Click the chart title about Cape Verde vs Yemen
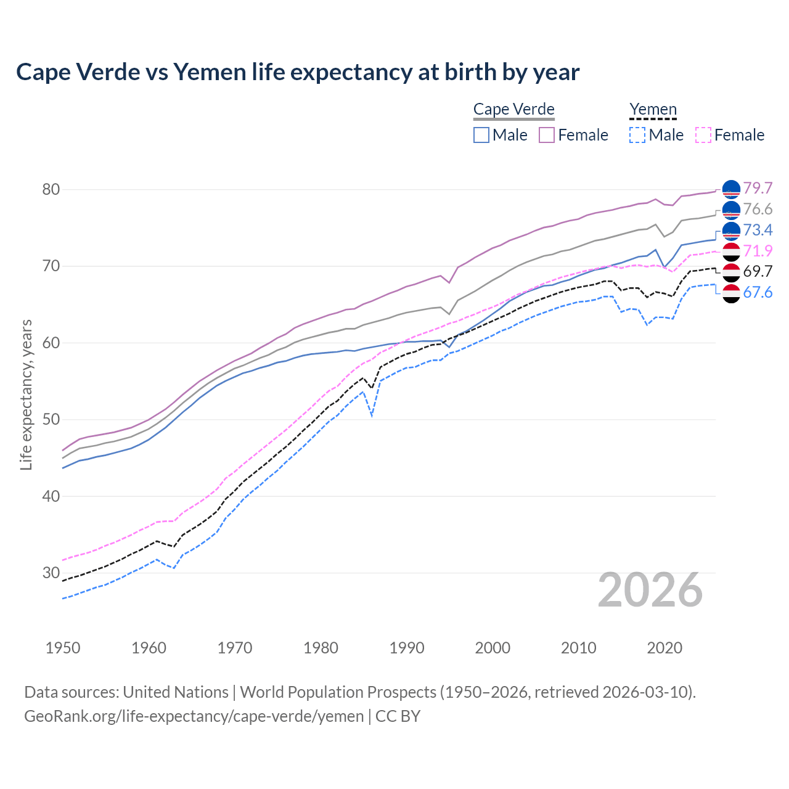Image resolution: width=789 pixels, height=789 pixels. point(298,72)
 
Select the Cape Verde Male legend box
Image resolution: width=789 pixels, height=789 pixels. point(481,135)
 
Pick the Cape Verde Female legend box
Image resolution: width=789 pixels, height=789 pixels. point(547,135)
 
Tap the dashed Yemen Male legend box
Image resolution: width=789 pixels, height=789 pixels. point(637,135)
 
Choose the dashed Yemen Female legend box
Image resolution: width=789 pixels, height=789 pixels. point(703,135)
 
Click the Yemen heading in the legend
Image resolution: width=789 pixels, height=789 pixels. point(653,110)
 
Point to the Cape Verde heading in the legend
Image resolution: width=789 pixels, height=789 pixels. point(513,110)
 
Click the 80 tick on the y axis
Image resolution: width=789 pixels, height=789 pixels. point(51,189)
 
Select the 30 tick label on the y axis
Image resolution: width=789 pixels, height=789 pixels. point(51,573)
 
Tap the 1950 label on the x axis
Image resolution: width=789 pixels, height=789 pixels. point(63,648)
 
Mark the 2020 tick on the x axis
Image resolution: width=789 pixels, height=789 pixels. point(664,648)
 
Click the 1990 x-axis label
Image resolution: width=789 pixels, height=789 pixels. point(407,648)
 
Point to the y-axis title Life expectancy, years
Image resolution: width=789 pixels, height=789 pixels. point(27,394)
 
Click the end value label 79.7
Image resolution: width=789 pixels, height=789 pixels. point(758,188)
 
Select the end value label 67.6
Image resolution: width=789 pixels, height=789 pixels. point(758,292)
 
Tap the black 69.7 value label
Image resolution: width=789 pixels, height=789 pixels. point(758,271)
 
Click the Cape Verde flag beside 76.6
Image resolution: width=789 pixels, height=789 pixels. point(731,210)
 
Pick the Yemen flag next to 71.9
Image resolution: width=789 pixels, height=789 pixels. point(731,251)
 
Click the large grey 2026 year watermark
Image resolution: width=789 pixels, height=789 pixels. point(650,590)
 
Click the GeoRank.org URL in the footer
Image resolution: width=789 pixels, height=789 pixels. point(194,716)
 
